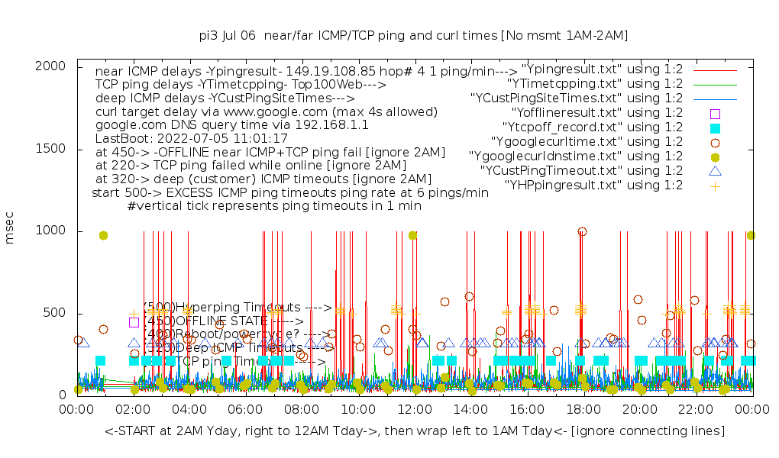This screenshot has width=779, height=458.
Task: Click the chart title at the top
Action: [x=412, y=35]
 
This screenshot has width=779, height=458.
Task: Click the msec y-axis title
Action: [x=10, y=230]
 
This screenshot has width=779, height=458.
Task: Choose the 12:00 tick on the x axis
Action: [x=415, y=410]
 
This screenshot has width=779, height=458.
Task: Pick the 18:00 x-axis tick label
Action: [x=583, y=410]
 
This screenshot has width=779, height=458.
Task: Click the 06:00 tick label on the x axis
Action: [x=246, y=410]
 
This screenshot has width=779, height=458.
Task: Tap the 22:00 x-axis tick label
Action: [x=696, y=410]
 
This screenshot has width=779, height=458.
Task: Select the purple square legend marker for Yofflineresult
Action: [x=715, y=114]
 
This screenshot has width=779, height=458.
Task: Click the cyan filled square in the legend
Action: [x=715, y=128]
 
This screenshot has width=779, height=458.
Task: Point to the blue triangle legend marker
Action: [x=715, y=171]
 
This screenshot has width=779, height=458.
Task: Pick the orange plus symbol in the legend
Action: [x=715, y=185]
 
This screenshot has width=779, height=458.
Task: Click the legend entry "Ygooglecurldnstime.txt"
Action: [x=576, y=156]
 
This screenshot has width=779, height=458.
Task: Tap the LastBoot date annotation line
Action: [x=191, y=139]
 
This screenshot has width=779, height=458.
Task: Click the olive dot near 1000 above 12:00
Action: [x=413, y=235]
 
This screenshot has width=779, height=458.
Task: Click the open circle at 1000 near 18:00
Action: [x=583, y=231]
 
